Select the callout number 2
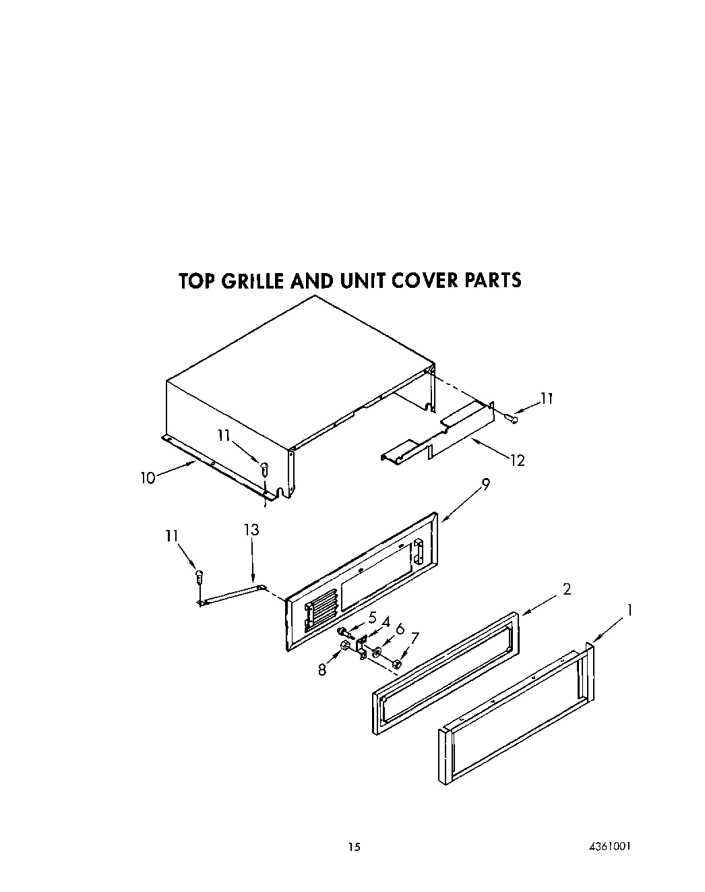coord(567,589)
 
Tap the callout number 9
coord(485,483)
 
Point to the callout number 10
coord(148,478)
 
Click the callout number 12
coord(517,460)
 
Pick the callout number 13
coord(251,530)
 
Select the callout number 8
coord(322,670)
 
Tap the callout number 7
coord(415,638)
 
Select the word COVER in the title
coord(417,280)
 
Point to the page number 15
coord(355,847)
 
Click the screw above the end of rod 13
coord(199,576)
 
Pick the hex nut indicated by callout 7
coord(396,665)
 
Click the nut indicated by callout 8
coord(345,647)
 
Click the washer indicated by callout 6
coord(376,652)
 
